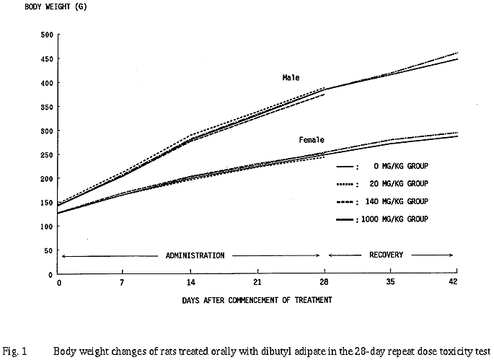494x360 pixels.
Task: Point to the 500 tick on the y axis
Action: [47, 35]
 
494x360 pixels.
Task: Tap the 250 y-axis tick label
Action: [47, 154]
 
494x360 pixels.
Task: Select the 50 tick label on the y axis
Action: [49, 250]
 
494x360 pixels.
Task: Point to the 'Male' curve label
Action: [291, 77]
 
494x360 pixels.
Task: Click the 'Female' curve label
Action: [311, 139]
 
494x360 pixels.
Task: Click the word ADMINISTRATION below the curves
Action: [195, 255]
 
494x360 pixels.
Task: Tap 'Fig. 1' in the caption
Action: [14, 353]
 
